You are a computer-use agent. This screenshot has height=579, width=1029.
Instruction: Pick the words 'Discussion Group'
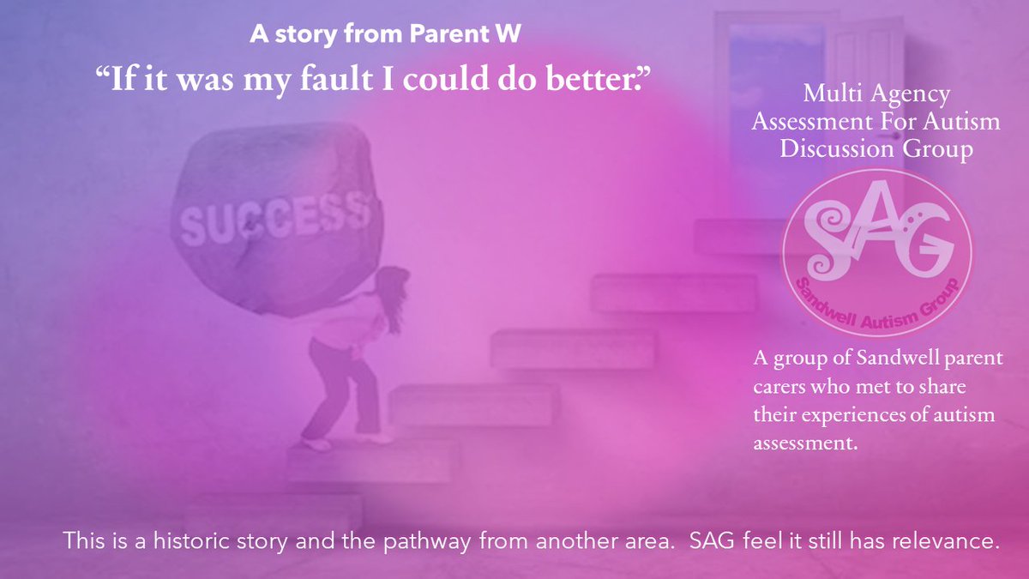[x=876, y=149]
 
